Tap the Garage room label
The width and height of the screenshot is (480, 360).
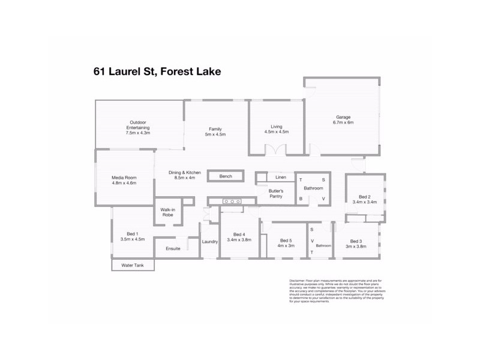click(x=343, y=117)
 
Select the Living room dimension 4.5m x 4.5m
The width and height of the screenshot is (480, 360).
click(x=276, y=132)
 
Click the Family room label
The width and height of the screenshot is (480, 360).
click(x=215, y=129)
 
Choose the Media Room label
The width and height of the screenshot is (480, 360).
click(x=124, y=178)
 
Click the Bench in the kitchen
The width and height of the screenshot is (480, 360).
click(x=226, y=176)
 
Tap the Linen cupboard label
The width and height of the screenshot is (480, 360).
click(x=280, y=178)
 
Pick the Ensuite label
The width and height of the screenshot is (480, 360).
click(x=173, y=248)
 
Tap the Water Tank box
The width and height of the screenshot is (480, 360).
click(x=132, y=265)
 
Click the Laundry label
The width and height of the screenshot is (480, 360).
click(x=209, y=242)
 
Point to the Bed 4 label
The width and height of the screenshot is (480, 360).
click(x=239, y=234)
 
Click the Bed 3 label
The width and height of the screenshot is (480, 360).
click(x=356, y=240)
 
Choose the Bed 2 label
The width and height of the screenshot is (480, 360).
click(x=364, y=196)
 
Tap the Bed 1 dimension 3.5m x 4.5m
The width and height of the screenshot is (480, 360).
click(x=132, y=239)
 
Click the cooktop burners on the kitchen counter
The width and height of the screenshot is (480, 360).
click(x=232, y=202)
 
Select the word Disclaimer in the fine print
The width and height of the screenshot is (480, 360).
click(x=297, y=280)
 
